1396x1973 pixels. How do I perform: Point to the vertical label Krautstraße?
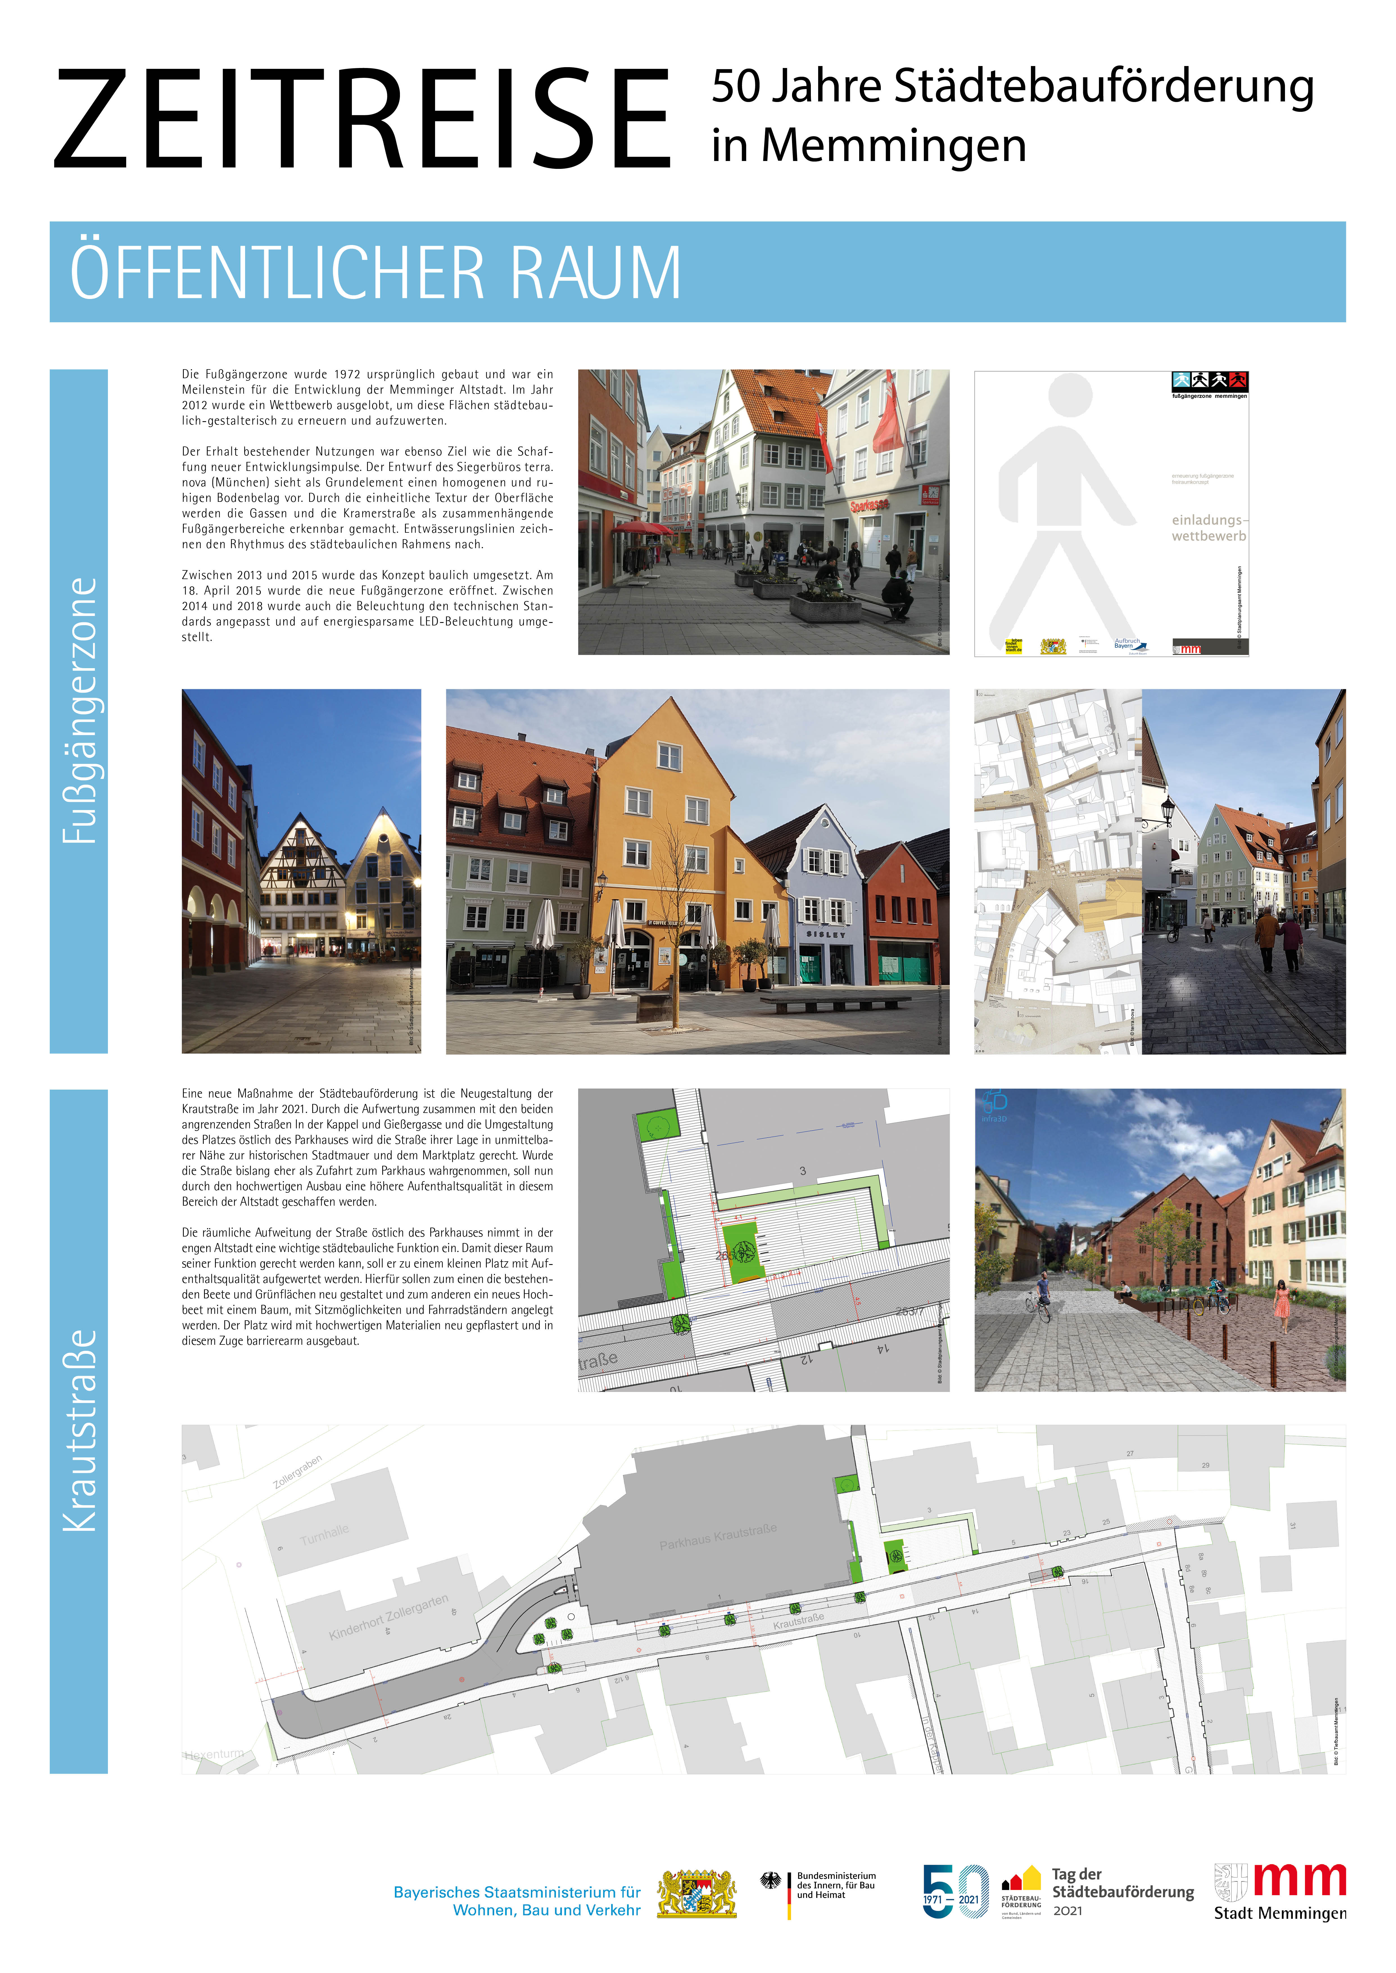79,1431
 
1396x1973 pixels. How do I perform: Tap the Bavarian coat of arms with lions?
696,1893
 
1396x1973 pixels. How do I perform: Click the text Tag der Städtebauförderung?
1122,1884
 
